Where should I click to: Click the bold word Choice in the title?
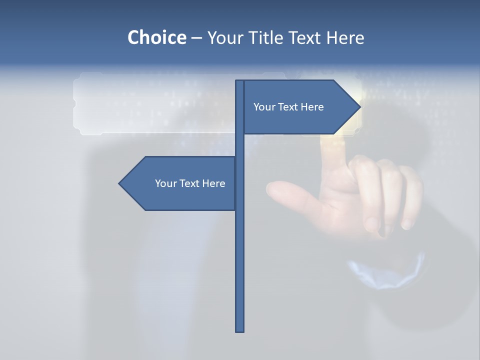[x=156, y=37]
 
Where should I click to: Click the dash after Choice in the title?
[x=196, y=38]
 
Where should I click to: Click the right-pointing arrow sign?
[x=300, y=107]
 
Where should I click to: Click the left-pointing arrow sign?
[x=180, y=183]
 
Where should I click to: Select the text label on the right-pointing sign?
[x=288, y=107]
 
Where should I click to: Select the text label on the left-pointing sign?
[x=190, y=183]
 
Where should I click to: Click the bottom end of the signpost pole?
[x=240, y=330]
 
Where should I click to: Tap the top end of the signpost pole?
[x=240, y=82]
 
